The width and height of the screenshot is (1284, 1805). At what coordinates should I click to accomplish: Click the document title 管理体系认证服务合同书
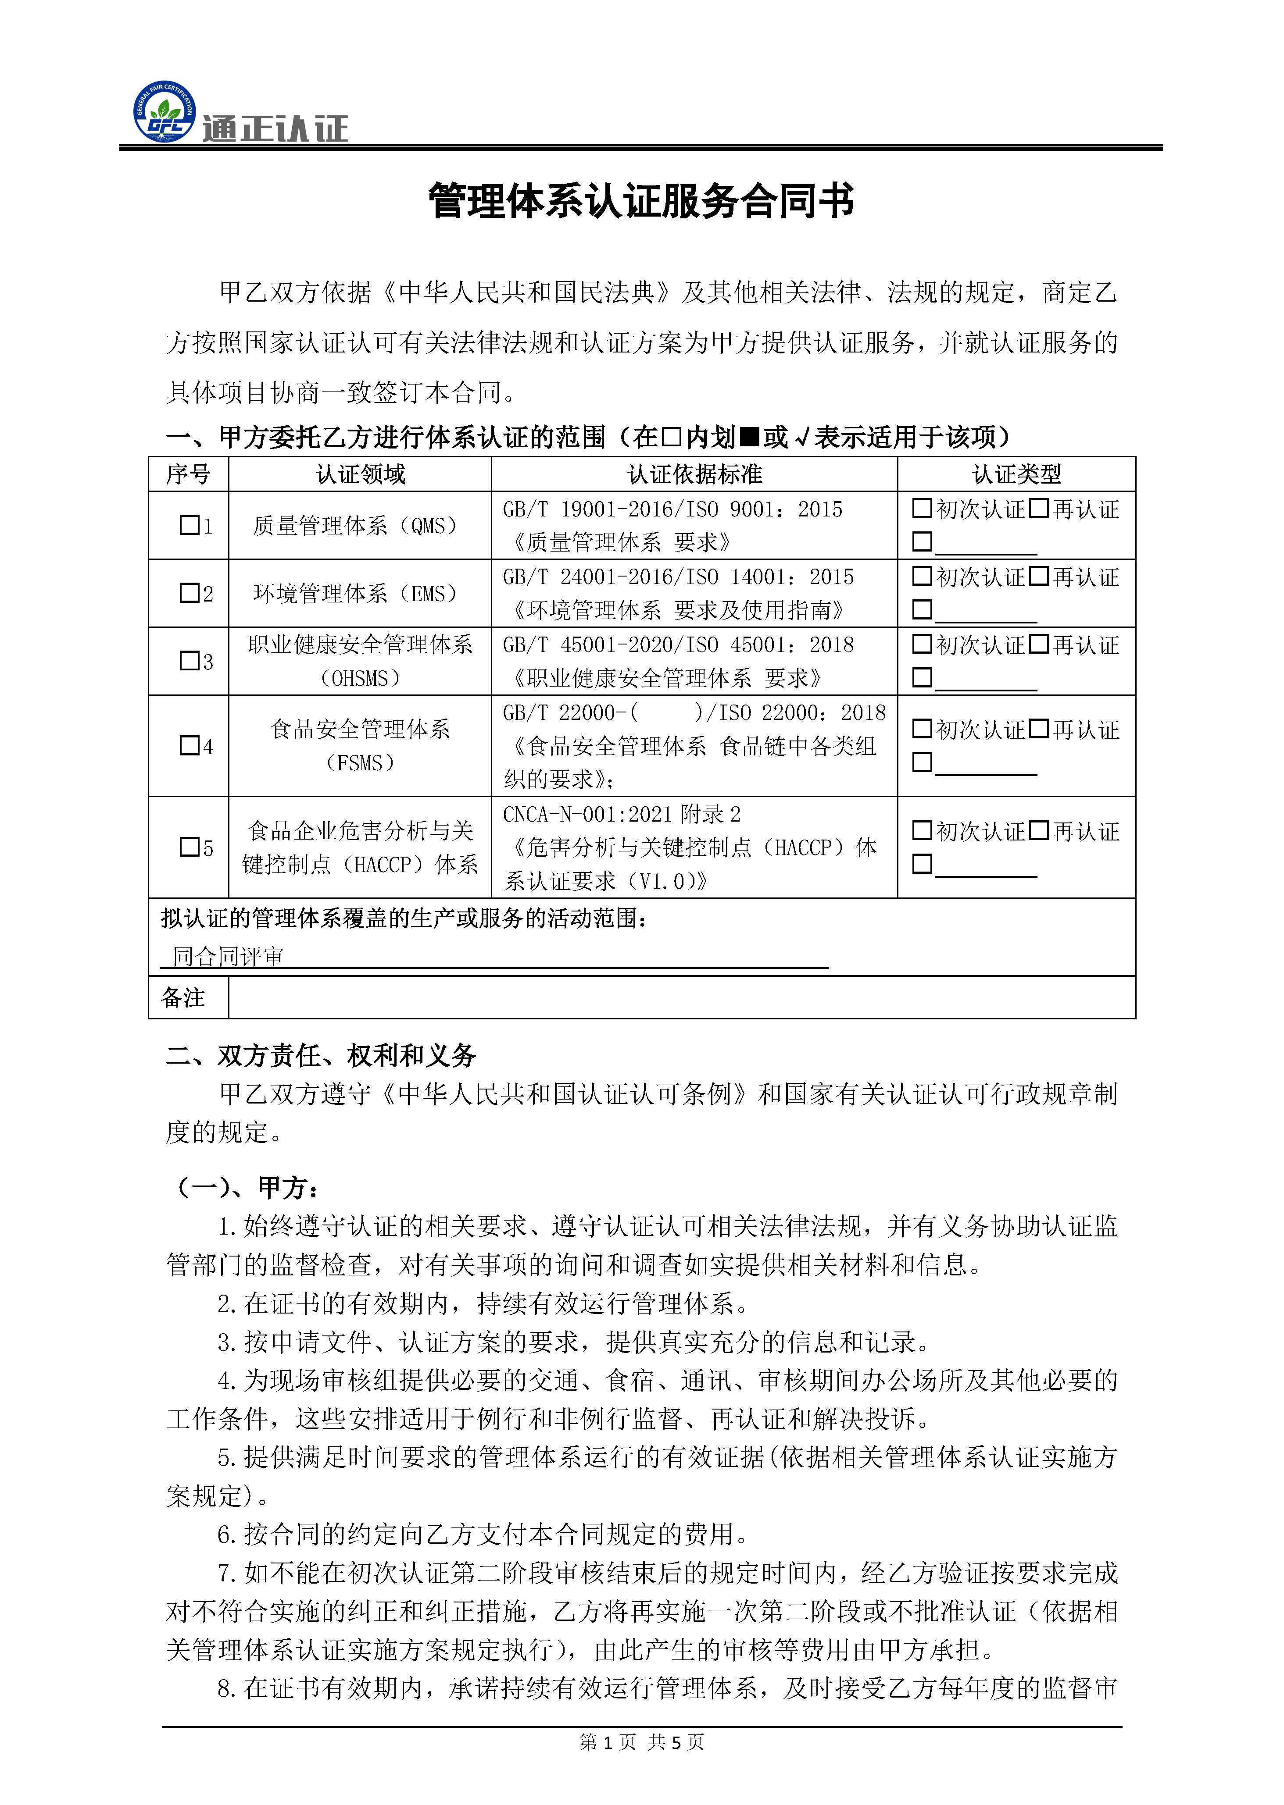pyautogui.click(x=641, y=202)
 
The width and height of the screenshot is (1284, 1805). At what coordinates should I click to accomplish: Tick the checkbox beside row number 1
pyautogui.click(x=189, y=525)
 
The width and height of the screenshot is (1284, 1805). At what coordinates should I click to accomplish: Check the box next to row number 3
pyautogui.click(x=189, y=661)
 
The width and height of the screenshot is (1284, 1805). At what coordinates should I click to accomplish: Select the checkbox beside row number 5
pyautogui.click(x=189, y=847)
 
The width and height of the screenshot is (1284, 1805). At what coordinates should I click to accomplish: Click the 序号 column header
pyautogui.click(x=188, y=474)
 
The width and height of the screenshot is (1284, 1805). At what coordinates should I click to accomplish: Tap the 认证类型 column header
pyautogui.click(x=1016, y=474)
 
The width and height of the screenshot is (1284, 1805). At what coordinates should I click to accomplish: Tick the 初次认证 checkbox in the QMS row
pyautogui.click(x=922, y=508)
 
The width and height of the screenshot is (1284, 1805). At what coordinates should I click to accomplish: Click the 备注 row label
pyautogui.click(x=183, y=997)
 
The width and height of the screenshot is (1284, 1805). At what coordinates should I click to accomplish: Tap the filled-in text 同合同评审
pyautogui.click(x=228, y=957)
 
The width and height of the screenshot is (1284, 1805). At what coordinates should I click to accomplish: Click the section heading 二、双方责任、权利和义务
pyautogui.click(x=320, y=1056)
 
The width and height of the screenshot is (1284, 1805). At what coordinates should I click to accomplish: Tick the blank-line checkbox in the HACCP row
pyautogui.click(x=922, y=864)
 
